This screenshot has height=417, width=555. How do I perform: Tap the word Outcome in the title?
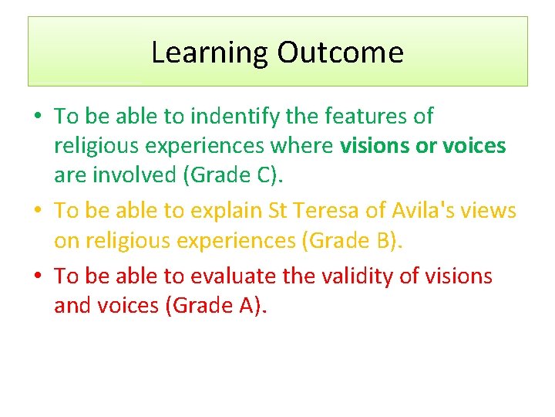click(340, 53)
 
